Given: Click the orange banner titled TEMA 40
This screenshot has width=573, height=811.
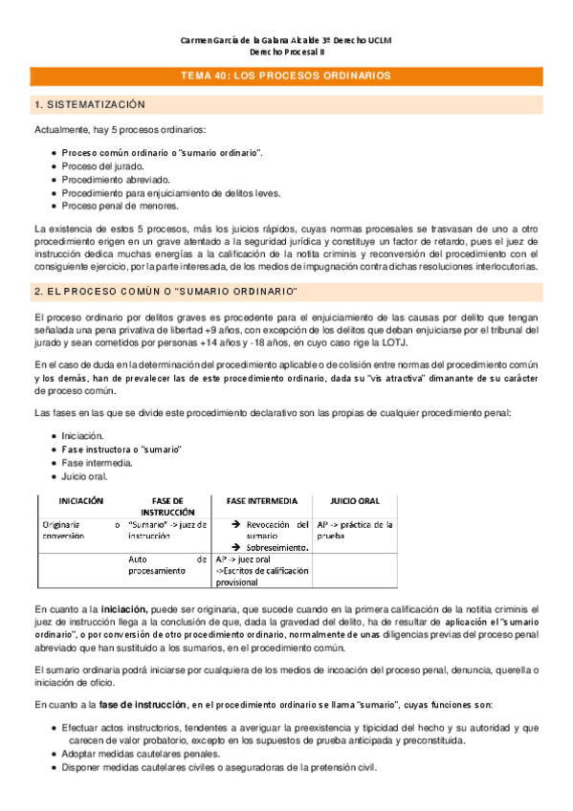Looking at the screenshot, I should coord(286,75).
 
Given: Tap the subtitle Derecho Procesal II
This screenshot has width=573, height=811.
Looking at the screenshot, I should coord(286,54).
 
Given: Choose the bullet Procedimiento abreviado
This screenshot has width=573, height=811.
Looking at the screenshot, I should coord(116,179).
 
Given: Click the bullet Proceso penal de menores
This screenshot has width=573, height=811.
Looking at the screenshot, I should coord(120,205).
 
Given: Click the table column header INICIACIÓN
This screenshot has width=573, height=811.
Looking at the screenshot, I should coord(80,500).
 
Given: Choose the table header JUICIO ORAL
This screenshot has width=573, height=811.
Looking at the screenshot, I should coord(355,500).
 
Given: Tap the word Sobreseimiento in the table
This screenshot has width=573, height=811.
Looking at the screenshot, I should coord(277,547).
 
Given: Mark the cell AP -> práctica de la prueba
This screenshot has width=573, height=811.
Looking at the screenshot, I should coord(355,530).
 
